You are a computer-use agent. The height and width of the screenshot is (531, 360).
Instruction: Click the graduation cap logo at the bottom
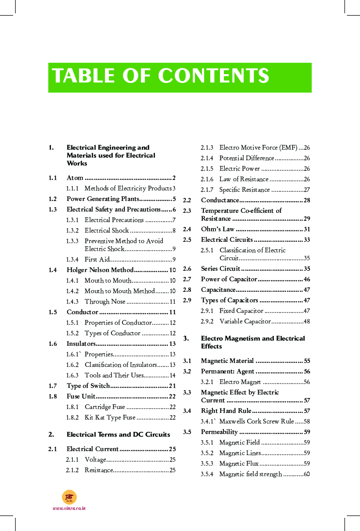69,497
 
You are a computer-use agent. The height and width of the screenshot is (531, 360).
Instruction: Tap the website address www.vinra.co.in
69,508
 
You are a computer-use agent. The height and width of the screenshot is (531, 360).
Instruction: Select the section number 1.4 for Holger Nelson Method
53,270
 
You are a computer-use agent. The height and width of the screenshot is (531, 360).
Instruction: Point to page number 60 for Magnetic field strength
306,474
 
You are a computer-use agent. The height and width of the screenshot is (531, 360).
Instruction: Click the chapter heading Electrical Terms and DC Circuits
118,434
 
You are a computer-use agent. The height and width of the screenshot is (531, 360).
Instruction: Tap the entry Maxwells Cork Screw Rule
256,421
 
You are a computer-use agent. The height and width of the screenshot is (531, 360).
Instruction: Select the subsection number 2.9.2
207,321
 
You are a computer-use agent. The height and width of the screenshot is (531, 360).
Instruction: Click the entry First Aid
97,259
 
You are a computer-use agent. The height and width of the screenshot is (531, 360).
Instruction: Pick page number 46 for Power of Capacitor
306,279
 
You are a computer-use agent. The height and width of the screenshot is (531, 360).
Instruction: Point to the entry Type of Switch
88,386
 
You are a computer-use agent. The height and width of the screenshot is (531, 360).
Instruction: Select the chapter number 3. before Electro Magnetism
186,338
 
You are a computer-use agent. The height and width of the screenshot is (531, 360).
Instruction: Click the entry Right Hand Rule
226,411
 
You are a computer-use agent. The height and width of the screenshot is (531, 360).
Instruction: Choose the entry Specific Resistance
245,190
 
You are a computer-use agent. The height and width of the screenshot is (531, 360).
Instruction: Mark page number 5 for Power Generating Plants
174,199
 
